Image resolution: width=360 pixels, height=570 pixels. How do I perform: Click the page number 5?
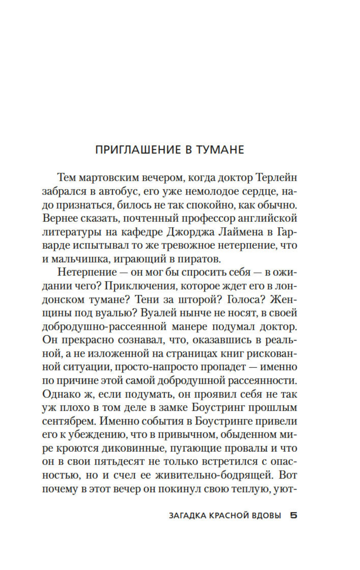293,516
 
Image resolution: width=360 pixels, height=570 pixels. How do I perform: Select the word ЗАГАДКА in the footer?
187,516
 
